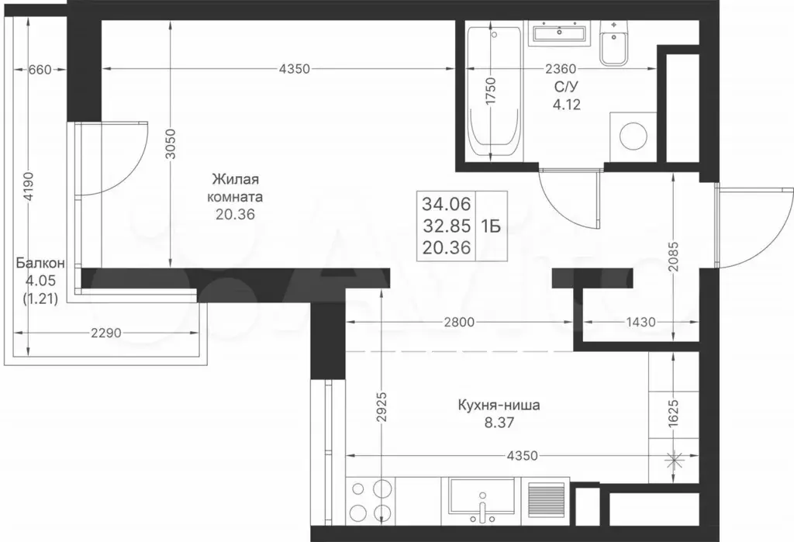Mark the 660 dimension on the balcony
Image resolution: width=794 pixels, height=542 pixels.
40,70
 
